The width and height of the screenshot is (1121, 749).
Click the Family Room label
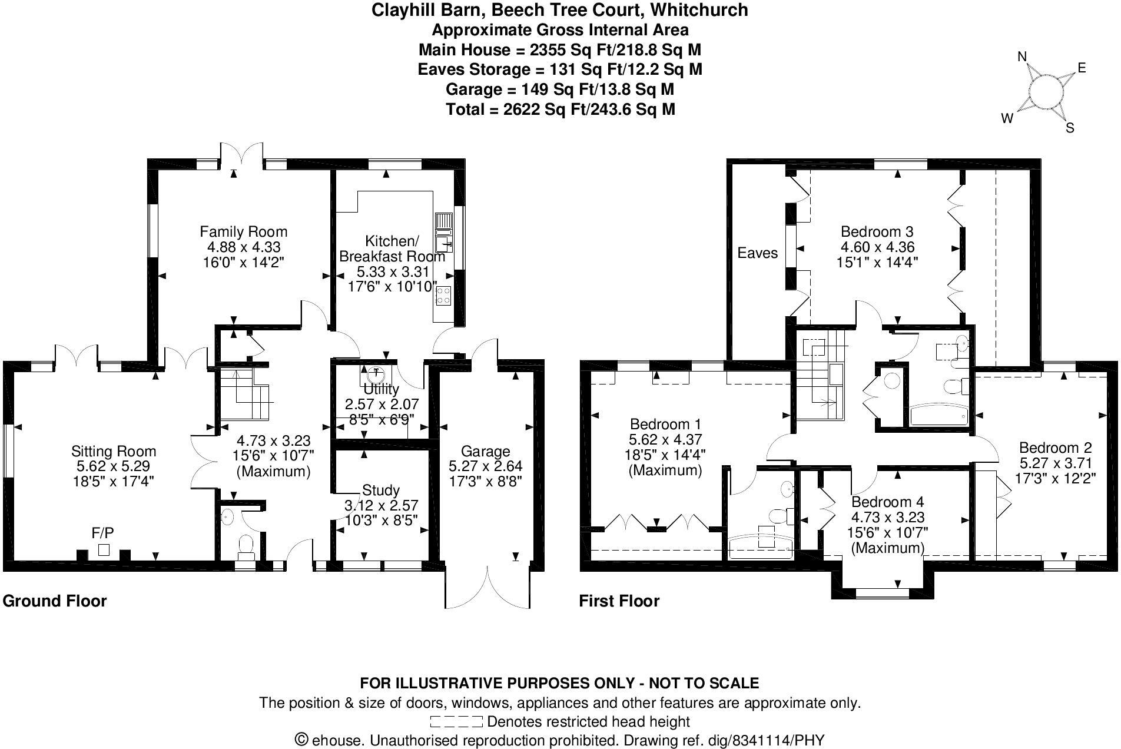(243, 231)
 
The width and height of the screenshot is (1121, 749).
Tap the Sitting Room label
(114, 452)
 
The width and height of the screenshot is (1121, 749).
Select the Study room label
(381, 490)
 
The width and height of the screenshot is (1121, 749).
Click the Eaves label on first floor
(757, 253)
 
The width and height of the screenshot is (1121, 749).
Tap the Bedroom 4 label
(887, 502)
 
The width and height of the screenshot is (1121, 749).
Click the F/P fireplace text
(102, 533)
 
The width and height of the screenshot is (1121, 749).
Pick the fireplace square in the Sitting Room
(104, 550)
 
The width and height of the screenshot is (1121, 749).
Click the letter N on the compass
(1022, 57)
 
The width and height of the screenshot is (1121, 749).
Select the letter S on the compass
(1070, 128)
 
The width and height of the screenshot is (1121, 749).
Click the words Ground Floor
(55, 601)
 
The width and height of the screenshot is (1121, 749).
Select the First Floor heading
(619, 601)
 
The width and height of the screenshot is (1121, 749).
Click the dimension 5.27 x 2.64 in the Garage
(485, 466)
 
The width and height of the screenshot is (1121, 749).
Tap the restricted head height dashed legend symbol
(456, 721)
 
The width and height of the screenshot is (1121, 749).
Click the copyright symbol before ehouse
(301, 740)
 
